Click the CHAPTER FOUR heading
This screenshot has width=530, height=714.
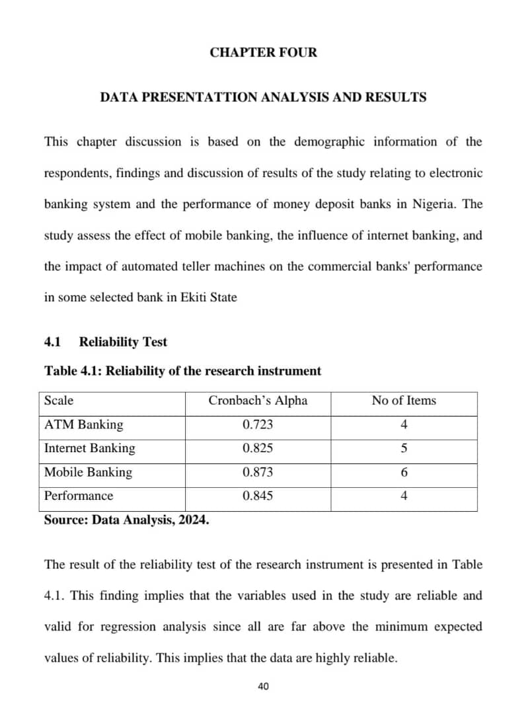[x=263, y=52]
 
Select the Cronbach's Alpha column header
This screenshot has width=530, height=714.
[x=258, y=401]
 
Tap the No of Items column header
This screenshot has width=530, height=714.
[x=404, y=401]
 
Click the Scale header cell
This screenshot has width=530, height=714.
[x=59, y=401]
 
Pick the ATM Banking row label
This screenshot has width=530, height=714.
[x=83, y=424]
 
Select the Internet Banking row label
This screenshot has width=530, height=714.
[x=89, y=448]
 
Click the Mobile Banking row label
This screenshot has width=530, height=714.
[x=88, y=472]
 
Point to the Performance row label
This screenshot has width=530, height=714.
[x=79, y=496]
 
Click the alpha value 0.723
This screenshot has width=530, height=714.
[x=258, y=424]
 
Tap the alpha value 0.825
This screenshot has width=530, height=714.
[x=258, y=448]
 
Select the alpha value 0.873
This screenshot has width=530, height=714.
[x=258, y=472]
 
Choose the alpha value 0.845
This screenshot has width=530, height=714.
[x=258, y=496]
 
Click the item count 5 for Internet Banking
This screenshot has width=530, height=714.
[x=404, y=448]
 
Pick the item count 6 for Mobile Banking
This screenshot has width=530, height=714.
[x=404, y=472]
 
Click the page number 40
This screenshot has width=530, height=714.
[x=263, y=686]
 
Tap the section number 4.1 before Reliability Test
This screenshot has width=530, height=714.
[x=52, y=342]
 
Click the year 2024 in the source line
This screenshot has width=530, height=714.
[x=192, y=520]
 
